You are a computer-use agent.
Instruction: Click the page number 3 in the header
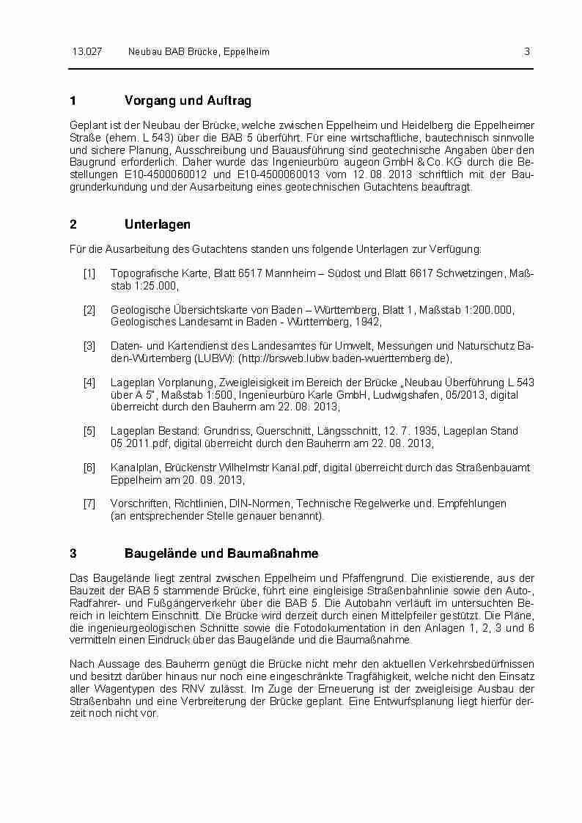point(527,52)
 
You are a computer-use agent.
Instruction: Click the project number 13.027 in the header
point(86,52)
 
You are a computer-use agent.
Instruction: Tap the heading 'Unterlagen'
point(158,224)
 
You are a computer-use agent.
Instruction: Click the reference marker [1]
point(89,273)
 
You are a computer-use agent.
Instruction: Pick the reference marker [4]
point(89,383)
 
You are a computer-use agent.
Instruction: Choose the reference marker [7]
point(89,503)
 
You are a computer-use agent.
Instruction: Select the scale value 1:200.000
point(478,310)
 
